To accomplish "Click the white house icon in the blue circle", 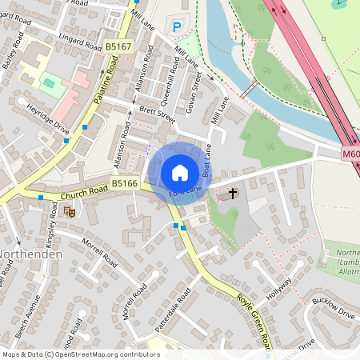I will click(180, 173).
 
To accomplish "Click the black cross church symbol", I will click(234, 193).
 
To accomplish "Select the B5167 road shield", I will click(118, 48).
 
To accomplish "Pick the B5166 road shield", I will click(125, 184).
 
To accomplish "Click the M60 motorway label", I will click(351, 154).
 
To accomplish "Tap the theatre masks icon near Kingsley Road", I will click(69, 212).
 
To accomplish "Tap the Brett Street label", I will click(156, 115).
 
